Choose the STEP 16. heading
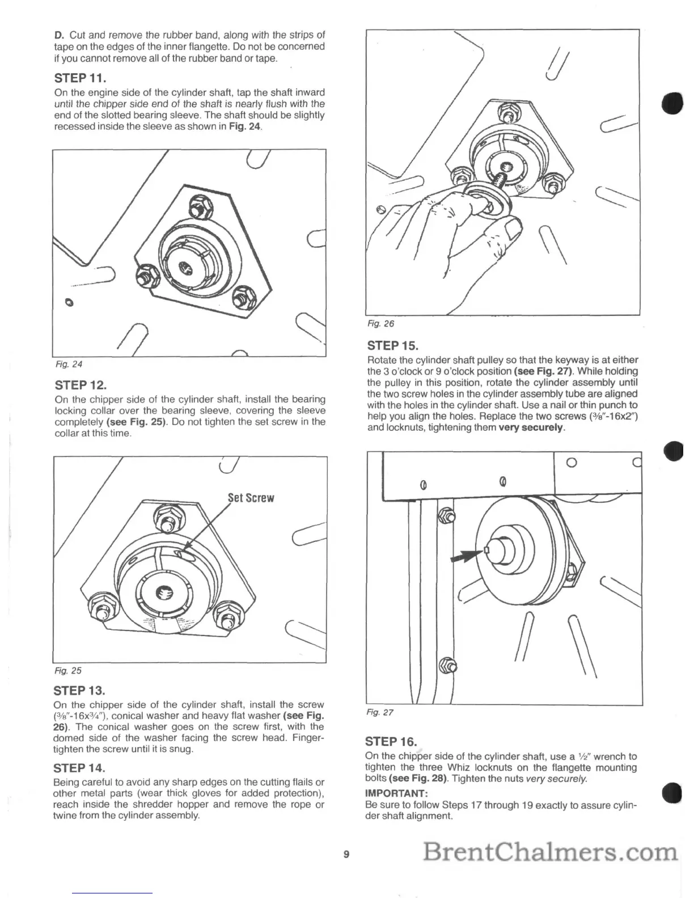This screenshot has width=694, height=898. pyautogui.click(x=391, y=741)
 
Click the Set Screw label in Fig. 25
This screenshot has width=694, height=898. pyautogui.click(x=251, y=498)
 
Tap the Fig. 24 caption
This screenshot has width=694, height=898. pyautogui.click(x=67, y=364)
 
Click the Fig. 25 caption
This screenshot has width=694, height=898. pyautogui.click(x=67, y=671)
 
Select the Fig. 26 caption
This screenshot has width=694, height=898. pyautogui.click(x=380, y=324)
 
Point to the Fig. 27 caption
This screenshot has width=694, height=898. pyautogui.click(x=380, y=713)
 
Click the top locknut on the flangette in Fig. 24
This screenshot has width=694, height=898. pyautogui.click(x=199, y=205)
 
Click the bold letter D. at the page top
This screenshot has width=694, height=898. pyautogui.click(x=58, y=35)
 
